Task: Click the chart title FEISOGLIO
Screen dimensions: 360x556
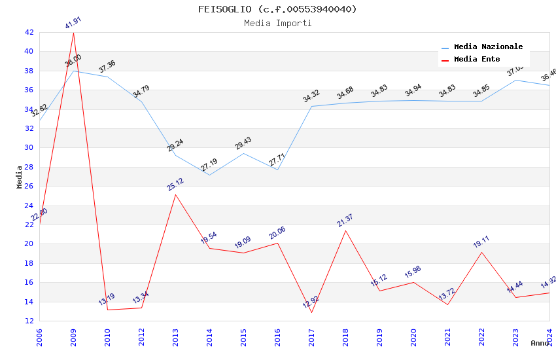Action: point(277,9)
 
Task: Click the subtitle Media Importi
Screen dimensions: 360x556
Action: point(277,23)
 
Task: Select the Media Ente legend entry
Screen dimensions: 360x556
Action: point(477,59)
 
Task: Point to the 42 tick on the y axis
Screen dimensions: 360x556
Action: point(29,32)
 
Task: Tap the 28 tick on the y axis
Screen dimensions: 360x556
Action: point(29,167)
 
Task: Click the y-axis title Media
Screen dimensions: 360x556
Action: point(20,177)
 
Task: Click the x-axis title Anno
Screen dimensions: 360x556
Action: point(540,343)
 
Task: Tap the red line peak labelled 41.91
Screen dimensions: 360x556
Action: point(73,32)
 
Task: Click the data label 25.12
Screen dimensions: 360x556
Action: point(175,185)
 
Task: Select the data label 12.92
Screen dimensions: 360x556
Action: point(311,302)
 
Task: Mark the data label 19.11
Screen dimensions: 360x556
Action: point(481,242)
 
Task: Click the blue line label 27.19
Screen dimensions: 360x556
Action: point(209,165)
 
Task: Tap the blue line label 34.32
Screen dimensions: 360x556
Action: point(311,97)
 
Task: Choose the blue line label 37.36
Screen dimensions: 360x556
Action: point(107,67)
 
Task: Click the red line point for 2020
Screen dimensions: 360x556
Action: point(413,282)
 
